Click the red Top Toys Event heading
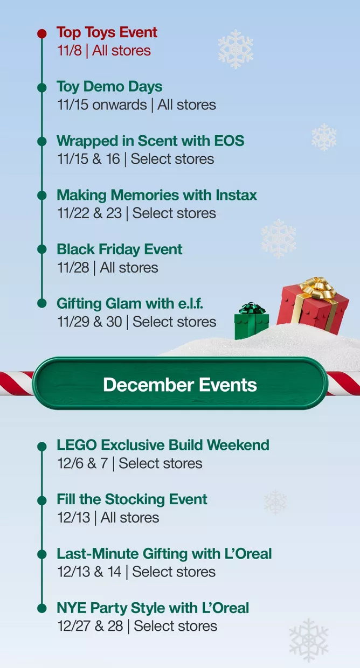pyautogui.click(x=107, y=32)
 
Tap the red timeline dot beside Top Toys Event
pyautogui.click(x=42, y=33)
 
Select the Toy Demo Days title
pyautogui.click(x=109, y=87)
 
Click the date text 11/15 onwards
pyautogui.click(x=102, y=105)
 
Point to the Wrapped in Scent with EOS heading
pyautogui.click(x=150, y=141)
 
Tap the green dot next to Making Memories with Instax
pyautogui.click(x=42, y=196)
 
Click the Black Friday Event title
pyautogui.click(x=119, y=249)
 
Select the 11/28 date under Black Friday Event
pyautogui.click(x=73, y=268)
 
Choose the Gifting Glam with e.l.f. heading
pyautogui.click(x=130, y=304)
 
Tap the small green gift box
pyautogui.click(x=251, y=323)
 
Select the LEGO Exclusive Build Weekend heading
pyautogui.click(x=163, y=446)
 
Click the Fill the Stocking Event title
pyautogui.click(x=132, y=499)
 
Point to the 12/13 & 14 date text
pyautogui.click(x=89, y=572)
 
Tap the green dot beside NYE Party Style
pyautogui.click(x=42, y=608)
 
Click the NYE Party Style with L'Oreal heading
pyautogui.click(x=153, y=608)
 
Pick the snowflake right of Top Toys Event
pyautogui.click(x=236, y=49)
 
